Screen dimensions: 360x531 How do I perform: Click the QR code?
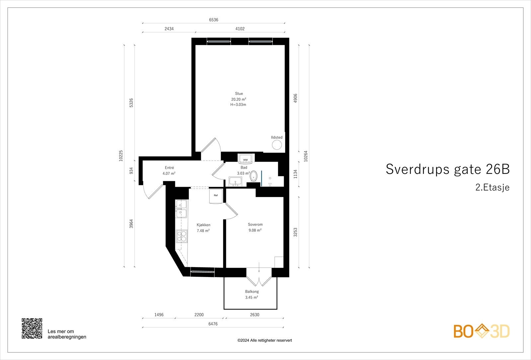[x=32, y=328]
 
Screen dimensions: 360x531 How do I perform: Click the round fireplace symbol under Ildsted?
[x=277, y=145]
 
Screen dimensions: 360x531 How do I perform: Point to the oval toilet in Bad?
[x=254, y=176]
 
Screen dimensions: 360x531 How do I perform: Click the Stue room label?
[x=239, y=94]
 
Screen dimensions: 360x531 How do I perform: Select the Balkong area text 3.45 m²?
[x=252, y=297]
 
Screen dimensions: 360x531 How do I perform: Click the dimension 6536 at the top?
[x=213, y=20]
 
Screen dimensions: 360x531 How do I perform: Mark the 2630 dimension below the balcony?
[x=254, y=315]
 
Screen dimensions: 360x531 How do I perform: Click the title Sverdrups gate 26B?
[x=447, y=169]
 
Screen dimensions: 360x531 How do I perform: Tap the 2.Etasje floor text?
[x=492, y=187]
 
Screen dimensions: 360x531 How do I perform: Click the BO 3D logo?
[x=482, y=331]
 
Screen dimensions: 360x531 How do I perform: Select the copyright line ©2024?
[x=265, y=340]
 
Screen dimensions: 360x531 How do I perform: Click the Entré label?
[x=169, y=168]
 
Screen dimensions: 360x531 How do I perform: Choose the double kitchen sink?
[x=181, y=209]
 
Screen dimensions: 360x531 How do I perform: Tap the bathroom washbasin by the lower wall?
[x=236, y=182]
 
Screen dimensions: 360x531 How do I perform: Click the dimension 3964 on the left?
[x=131, y=224]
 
